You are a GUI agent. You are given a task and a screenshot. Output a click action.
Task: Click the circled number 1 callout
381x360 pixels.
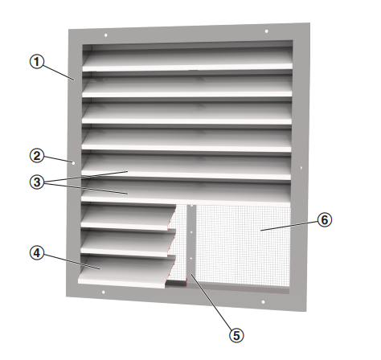[x=36, y=62]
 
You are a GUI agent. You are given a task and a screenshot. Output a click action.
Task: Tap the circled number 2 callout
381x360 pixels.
[x=36, y=156]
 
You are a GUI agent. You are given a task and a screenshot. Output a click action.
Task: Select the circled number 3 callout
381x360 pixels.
[x=36, y=182]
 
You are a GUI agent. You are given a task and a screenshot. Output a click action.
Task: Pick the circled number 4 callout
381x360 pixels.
[x=36, y=253]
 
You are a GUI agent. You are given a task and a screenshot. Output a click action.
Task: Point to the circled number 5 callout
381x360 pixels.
[x=236, y=335]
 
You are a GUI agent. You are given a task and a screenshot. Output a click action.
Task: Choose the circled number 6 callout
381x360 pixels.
[x=325, y=220]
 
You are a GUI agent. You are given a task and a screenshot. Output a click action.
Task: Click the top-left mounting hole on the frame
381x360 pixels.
[x=106, y=35]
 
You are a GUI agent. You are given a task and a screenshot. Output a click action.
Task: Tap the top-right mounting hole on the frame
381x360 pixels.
[x=266, y=31]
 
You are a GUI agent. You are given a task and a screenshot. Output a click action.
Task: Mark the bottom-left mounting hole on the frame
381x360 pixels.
[x=104, y=292]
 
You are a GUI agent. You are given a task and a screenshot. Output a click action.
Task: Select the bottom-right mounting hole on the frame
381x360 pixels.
[x=263, y=302]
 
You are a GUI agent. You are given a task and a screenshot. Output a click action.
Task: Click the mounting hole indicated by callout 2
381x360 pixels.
[x=73, y=162]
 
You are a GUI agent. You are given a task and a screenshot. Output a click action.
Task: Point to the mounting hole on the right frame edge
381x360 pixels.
[x=301, y=168]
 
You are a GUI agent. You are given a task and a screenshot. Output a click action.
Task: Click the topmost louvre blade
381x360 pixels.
[x=187, y=59]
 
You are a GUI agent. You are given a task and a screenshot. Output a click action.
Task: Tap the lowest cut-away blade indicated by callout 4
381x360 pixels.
[x=126, y=272]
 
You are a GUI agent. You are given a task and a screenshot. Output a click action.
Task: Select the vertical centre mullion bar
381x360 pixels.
[x=191, y=246]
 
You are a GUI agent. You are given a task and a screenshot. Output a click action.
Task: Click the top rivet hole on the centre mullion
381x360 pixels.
[x=191, y=206]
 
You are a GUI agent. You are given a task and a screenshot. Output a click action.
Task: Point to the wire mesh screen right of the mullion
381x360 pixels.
[x=243, y=246]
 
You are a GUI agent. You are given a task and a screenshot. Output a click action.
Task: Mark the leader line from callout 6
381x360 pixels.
[x=289, y=226]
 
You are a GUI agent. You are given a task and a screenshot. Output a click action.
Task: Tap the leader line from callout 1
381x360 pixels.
[x=58, y=72]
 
